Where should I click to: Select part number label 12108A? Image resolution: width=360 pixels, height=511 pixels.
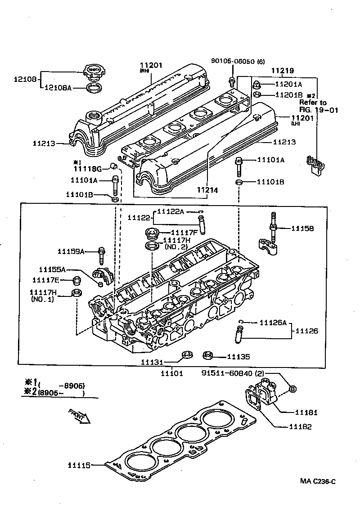58,87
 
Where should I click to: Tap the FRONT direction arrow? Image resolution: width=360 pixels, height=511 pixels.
80,416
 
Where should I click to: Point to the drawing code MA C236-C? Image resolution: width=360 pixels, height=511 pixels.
318,481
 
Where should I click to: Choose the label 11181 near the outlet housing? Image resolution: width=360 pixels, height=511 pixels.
306,412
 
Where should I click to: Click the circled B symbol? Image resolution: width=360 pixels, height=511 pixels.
292,389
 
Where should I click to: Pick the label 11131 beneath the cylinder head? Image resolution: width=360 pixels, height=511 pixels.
152,362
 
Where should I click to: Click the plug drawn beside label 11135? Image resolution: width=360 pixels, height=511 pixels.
207,355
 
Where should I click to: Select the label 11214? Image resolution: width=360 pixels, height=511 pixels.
207,190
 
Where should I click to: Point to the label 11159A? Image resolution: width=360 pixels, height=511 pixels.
71,251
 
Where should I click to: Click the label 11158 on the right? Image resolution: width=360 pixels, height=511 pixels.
302,229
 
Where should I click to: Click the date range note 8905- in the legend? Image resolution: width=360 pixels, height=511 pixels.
61,393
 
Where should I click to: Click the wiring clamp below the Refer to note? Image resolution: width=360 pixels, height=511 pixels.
315,165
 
